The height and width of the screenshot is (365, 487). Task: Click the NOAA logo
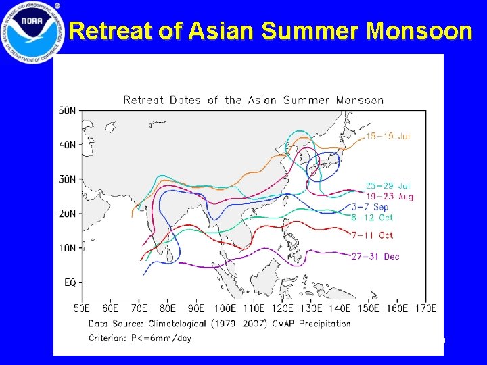click(32, 32)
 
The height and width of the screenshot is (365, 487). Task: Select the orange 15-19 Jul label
click(388, 136)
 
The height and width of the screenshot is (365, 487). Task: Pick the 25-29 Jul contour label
click(388, 185)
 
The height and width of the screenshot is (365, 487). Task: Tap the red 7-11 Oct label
click(371, 235)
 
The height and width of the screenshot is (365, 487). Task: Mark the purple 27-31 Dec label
click(374, 257)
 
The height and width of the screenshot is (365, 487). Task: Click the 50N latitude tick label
click(68, 109)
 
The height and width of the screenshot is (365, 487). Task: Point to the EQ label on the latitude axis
click(70, 282)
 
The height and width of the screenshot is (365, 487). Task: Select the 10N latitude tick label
click(68, 247)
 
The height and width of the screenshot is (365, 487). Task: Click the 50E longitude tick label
click(83, 309)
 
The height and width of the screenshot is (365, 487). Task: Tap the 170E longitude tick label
click(425, 309)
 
